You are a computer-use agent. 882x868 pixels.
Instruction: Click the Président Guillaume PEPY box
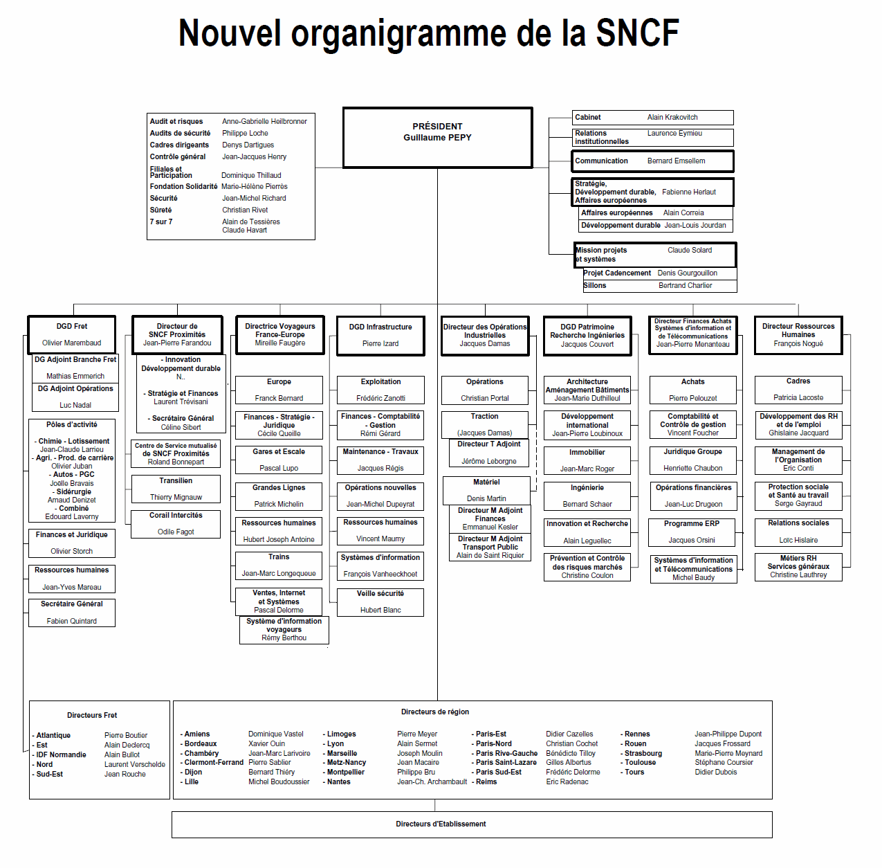[437, 137]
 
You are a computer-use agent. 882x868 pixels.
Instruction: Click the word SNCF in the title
[637, 33]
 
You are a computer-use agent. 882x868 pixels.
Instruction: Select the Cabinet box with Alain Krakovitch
[652, 118]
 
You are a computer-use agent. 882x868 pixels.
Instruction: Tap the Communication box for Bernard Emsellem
[652, 161]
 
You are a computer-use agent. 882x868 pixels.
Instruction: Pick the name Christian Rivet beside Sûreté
[245, 210]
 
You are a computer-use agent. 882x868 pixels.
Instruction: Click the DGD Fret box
[72, 334]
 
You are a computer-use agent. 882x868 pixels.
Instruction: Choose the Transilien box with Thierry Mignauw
[176, 489]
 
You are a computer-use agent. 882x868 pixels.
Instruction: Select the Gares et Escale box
[279, 460]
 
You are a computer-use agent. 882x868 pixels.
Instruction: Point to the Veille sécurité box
[380, 602]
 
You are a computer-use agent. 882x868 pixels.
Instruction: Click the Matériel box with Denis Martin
[486, 490]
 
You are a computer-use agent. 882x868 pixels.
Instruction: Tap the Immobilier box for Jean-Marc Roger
[587, 460]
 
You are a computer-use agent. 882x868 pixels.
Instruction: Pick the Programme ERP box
[692, 532]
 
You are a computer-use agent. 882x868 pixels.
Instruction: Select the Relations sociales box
[798, 531]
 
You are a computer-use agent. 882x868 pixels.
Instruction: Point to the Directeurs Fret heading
[92, 716]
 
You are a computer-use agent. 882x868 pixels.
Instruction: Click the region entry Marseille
[342, 754]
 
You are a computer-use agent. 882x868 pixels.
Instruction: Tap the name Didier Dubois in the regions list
[715, 772]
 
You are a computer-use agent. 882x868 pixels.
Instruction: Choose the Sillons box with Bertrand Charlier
[659, 286]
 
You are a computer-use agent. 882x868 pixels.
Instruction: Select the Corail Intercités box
[176, 523]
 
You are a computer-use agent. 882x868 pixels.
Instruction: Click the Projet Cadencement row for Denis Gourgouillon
[659, 273]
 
